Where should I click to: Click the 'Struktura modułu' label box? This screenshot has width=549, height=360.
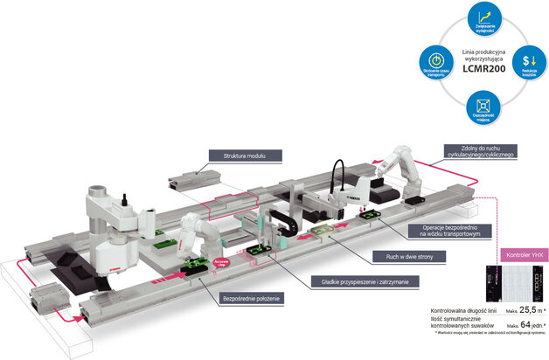pyautogui.click(x=243, y=155)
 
